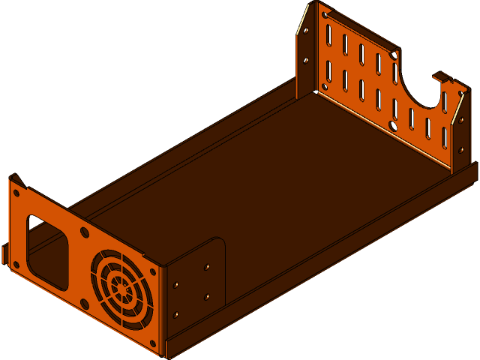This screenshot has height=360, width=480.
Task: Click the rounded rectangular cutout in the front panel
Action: (46, 252)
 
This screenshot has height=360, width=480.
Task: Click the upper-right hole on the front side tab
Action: (207, 266)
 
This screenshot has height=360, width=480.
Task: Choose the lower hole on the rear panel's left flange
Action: (305, 60)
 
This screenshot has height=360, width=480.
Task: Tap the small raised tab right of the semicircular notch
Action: (442, 76)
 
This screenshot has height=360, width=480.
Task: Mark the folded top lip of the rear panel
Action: (360, 27)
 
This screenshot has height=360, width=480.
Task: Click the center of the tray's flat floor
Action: (277, 187)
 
